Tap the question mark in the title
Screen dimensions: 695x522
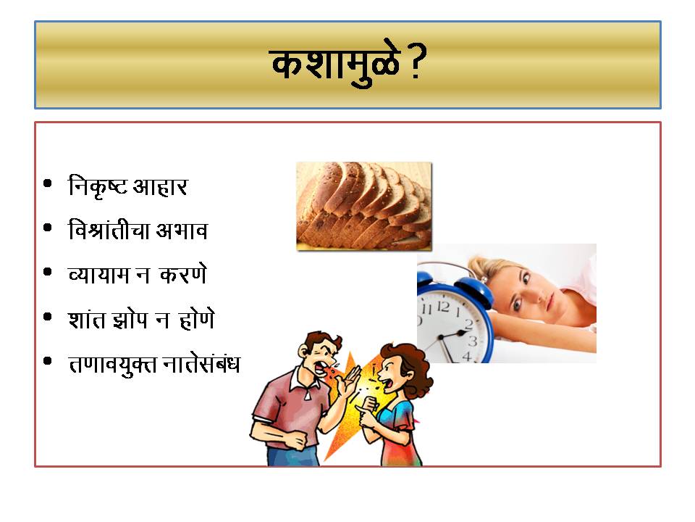click(x=417, y=61)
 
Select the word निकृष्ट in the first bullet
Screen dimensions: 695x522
click(x=98, y=186)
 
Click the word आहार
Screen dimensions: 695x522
click(x=161, y=187)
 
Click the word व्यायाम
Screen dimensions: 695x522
click(x=98, y=275)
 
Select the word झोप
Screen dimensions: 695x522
click(x=130, y=320)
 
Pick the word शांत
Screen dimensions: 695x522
click(x=87, y=319)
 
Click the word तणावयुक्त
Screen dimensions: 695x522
click(x=113, y=365)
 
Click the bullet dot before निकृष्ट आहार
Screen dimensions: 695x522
click(x=48, y=183)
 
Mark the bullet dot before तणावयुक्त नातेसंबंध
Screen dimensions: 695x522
click(x=48, y=361)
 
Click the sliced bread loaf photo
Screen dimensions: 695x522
click(x=364, y=206)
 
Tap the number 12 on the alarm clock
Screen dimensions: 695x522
click(x=443, y=306)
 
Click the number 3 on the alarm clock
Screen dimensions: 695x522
click(x=473, y=341)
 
